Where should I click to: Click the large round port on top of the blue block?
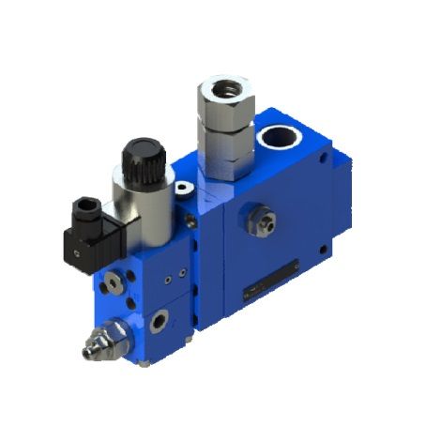point(282,138)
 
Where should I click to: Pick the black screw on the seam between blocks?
point(190,221)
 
